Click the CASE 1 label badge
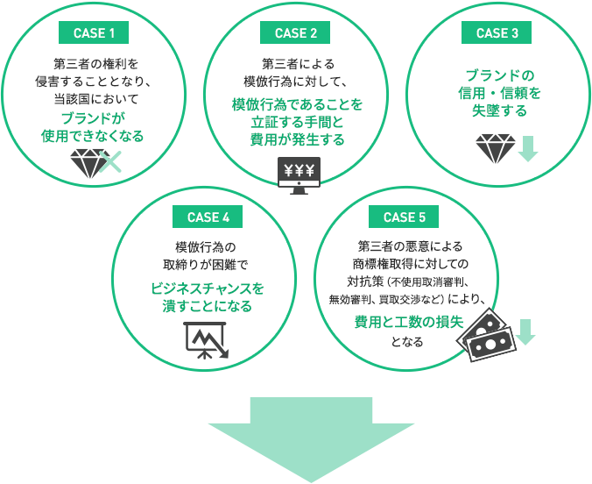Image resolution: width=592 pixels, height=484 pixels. pyautogui.click(x=94, y=33)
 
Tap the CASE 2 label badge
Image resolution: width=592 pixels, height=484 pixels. pyautogui.click(x=296, y=33)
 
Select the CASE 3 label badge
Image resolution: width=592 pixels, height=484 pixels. pyautogui.click(x=497, y=33)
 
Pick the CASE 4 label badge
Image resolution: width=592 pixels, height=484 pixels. pyautogui.click(x=208, y=217)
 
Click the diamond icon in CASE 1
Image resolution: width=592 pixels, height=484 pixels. pyautogui.click(x=88, y=162)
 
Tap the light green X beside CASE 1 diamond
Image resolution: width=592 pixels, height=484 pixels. pyautogui.click(x=110, y=161)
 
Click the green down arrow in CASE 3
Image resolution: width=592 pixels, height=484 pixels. pyautogui.click(x=527, y=148)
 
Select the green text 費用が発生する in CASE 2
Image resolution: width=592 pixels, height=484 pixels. pyautogui.click(x=297, y=139)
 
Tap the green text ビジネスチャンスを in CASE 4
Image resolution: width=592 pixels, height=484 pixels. pyautogui.click(x=208, y=288)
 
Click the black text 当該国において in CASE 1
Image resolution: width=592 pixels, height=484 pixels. pyautogui.click(x=93, y=98)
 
